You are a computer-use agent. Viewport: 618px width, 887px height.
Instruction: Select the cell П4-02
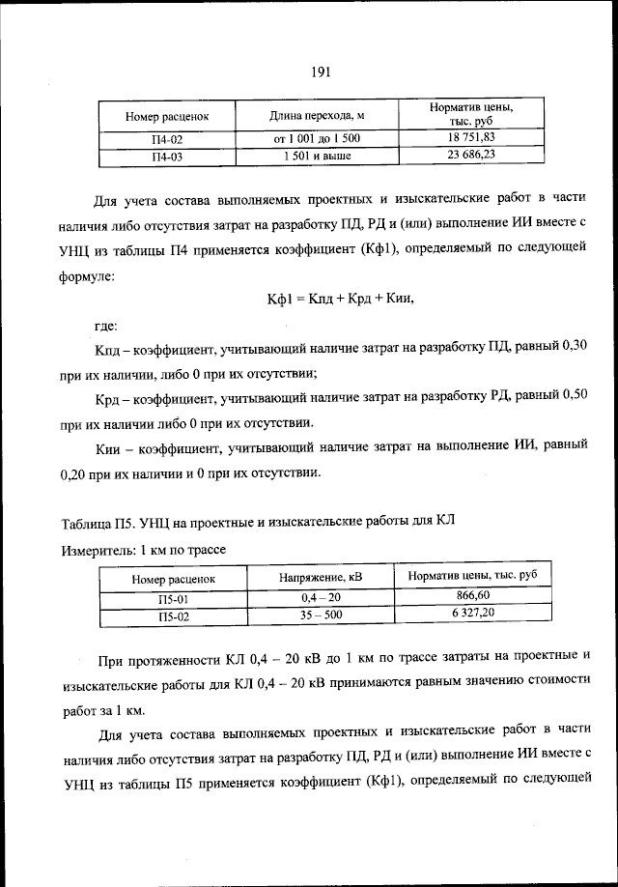167,139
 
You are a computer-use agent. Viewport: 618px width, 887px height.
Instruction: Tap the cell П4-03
167,155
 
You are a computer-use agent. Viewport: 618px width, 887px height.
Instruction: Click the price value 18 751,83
471,138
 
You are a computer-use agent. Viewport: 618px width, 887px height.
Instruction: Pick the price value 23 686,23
471,154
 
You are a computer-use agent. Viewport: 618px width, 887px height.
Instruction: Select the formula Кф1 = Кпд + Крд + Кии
340,299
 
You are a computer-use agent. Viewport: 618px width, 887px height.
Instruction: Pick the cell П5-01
174,599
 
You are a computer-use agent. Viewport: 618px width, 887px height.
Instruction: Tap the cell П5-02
174,615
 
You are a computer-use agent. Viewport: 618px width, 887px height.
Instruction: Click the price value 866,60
471,597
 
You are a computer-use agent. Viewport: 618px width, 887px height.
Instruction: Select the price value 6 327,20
471,614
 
